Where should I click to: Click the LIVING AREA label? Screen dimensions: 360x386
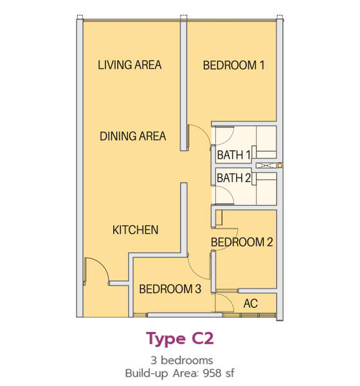[x=130, y=65]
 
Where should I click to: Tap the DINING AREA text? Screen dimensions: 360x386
[x=132, y=136]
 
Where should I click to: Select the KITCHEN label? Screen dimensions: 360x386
[x=136, y=230]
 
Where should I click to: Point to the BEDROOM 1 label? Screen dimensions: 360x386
[x=233, y=66]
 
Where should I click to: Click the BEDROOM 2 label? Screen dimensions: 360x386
[x=242, y=243]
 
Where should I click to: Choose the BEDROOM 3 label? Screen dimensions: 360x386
[x=170, y=289]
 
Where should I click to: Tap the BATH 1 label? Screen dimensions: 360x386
[x=234, y=155]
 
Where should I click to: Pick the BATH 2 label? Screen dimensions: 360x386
[x=234, y=178]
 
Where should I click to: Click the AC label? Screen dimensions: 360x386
[x=251, y=304]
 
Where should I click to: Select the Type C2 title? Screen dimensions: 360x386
[x=180, y=339]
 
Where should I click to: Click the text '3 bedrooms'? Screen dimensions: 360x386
[x=182, y=360]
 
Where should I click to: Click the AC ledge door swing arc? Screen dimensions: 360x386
[x=228, y=299]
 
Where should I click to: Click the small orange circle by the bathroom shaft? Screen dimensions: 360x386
[x=280, y=165]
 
